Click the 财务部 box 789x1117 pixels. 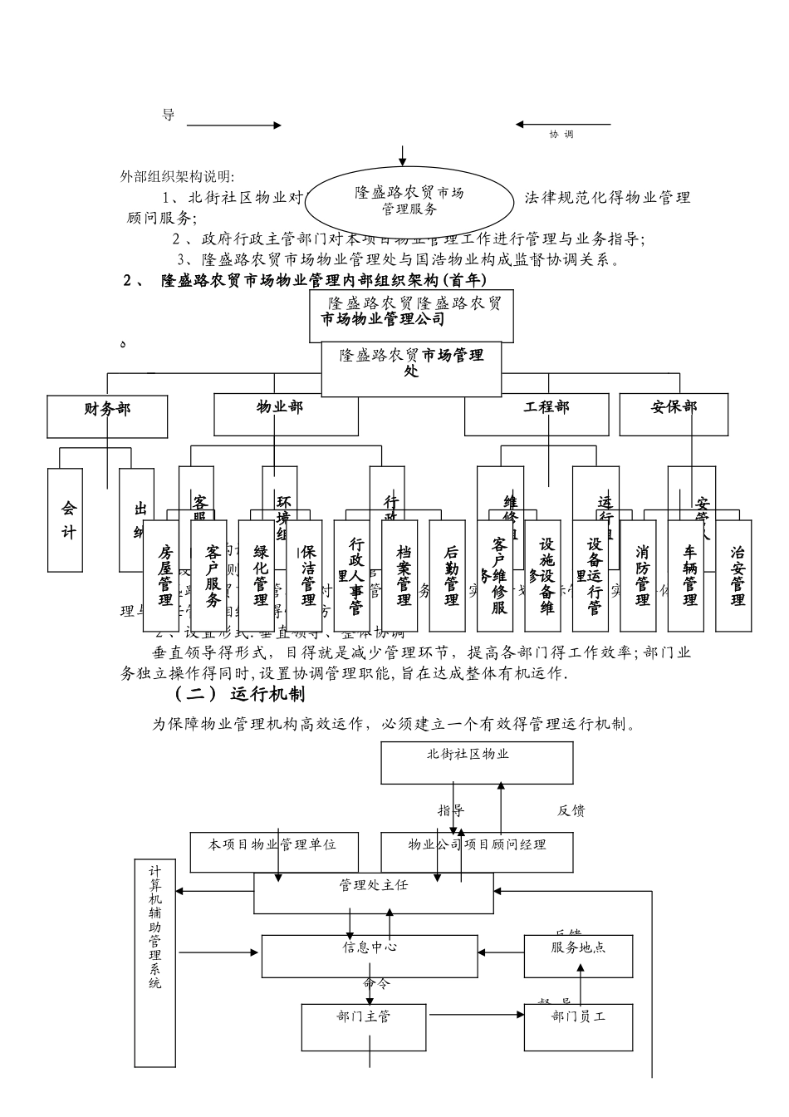[x=108, y=415]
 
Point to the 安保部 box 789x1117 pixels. [x=674, y=413]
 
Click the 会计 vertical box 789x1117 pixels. [x=68, y=519]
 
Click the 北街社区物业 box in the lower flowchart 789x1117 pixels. [x=477, y=762]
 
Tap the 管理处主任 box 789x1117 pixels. [x=374, y=893]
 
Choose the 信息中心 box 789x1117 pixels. [x=370, y=955]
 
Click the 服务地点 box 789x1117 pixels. [x=578, y=955]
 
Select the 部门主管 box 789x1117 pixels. [x=364, y=1026]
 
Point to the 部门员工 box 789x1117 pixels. [x=578, y=1026]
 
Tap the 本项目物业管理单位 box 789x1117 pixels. [x=274, y=851]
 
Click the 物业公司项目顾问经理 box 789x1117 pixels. [x=477, y=851]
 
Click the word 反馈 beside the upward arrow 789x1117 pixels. [x=571, y=810]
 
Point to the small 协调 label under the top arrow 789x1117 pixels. [x=561, y=135]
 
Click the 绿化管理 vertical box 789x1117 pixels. [x=261, y=574]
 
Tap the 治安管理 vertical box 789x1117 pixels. [x=737, y=574]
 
